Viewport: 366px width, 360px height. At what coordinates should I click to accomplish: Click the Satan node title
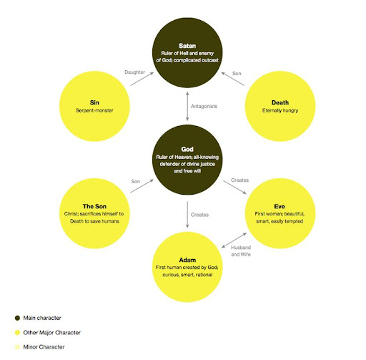point(187,46)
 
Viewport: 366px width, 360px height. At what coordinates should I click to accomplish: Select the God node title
point(187,150)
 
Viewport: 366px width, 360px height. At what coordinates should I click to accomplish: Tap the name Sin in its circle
point(94,102)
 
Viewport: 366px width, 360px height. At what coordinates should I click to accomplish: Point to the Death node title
point(280,102)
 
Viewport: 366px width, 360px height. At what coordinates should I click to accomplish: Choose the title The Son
point(94,206)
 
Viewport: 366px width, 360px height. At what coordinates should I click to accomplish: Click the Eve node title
point(280,206)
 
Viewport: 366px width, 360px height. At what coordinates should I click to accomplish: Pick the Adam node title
point(187,260)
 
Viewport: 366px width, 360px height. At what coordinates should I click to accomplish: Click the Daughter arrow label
point(135,72)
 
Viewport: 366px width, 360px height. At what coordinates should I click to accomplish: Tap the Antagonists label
point(204,107)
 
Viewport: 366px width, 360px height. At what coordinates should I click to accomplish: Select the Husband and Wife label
point(241,251)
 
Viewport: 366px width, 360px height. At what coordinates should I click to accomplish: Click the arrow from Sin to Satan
point(142,79)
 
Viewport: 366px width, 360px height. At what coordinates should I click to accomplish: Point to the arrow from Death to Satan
point(233,79)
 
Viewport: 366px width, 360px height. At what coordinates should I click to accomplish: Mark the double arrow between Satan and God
point(187,107)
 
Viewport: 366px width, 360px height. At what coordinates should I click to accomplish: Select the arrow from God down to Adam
point(187,215)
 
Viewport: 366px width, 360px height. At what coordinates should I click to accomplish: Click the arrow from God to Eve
point(234,188)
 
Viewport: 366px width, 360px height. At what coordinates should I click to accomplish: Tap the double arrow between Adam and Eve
point(234,240)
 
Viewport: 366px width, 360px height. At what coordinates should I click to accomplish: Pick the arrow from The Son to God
point(142,186)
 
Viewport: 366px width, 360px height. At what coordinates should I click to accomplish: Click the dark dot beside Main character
point(17,318)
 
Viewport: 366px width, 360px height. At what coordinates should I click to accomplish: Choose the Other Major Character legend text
point(52,333)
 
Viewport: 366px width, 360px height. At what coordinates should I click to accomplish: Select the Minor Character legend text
point(44,347)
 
